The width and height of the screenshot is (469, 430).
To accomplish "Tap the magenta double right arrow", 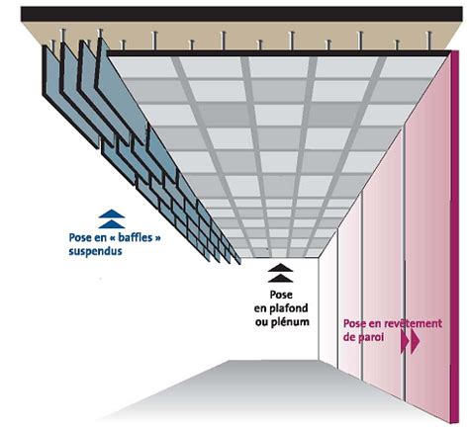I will coord(410,341).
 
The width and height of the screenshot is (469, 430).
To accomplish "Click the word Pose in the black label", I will coord(281,295).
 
